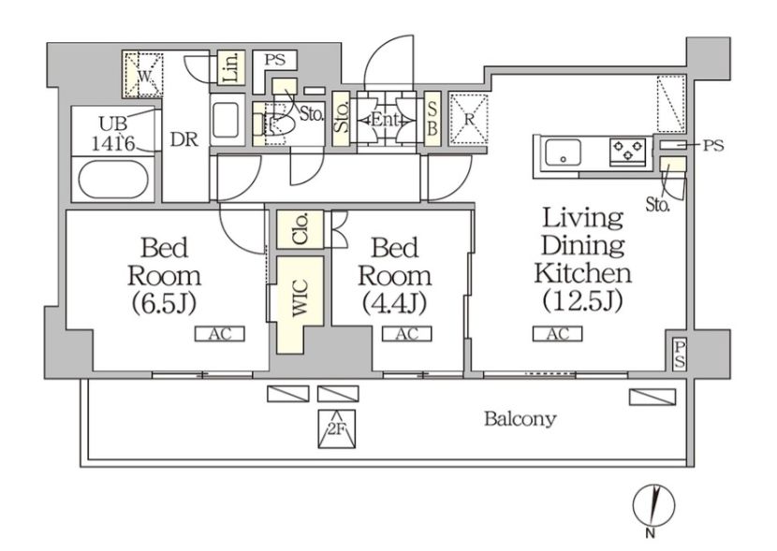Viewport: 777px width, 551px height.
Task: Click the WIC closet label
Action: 301,297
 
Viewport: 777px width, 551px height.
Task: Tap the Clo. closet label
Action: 301,229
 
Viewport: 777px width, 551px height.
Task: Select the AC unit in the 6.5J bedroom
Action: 219,334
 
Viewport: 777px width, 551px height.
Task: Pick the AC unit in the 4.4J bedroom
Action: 407,334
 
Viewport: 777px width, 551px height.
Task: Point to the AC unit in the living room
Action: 558,334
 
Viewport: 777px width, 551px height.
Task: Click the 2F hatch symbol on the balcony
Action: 336,428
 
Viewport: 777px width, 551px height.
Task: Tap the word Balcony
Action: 520,419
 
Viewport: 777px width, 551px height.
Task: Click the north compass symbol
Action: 653,507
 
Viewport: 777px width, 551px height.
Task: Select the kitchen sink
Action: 563,153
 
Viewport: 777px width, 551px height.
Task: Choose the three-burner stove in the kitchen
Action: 628,151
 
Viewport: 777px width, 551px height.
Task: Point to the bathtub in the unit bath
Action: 113,180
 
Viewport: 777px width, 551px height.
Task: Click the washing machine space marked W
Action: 143,75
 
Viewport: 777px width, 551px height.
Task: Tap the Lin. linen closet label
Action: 231,66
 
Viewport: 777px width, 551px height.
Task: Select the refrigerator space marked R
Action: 468,119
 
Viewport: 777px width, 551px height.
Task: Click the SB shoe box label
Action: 432,119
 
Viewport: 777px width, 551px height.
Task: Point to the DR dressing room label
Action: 183,140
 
